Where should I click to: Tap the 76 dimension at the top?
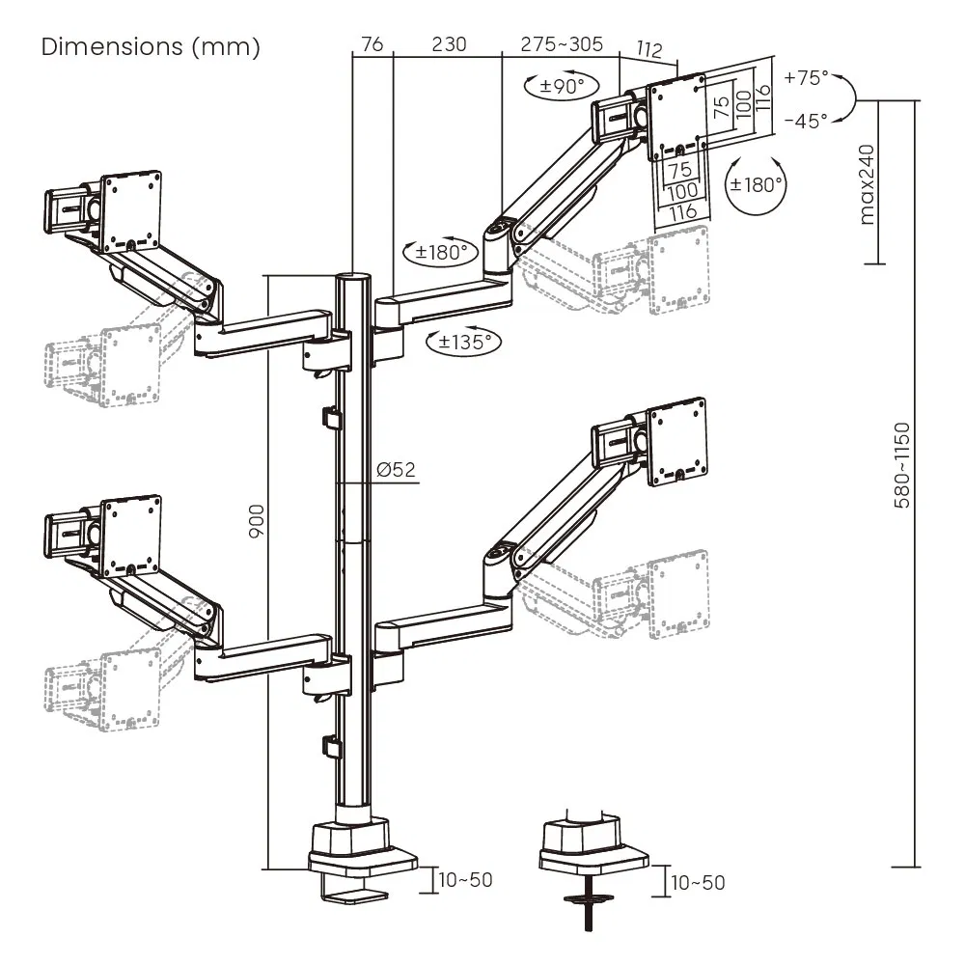(x=372, y=44)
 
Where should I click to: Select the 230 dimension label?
(x=449, y=44)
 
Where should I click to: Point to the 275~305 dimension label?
(x=562, y=44)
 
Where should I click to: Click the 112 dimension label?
(x=649, y=49)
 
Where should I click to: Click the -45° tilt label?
(x=807, y=121)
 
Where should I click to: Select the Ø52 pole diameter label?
(x=397, y=470)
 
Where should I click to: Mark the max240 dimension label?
(x=868, y=183)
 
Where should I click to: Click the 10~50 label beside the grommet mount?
(x=698, y=881)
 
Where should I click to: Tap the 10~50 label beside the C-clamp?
(x=465, y=879)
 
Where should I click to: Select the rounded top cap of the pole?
(x=352, y=278)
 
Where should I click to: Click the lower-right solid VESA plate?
(x=681, y=439)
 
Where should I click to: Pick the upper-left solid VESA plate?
(x=131, y=204)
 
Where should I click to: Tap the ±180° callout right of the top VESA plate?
(x=757, y=184)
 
